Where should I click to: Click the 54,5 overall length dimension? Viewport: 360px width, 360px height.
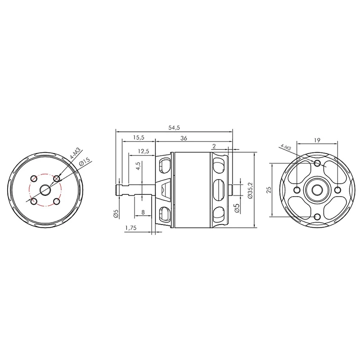pos(174,128)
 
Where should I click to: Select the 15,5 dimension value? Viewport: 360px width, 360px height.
pos(139,138)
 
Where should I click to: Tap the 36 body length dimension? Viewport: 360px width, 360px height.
pos(184,138)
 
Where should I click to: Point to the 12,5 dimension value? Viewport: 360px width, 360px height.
pos(144,151)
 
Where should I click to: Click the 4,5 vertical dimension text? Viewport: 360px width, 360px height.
pos(138,166)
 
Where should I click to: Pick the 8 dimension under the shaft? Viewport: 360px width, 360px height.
pos(143,212)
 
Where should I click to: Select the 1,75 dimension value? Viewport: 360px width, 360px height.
pos(131,228)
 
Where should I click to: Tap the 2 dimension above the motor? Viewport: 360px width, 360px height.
pos(214,146)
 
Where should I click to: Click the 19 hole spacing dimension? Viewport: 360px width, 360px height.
pos(317,140)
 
